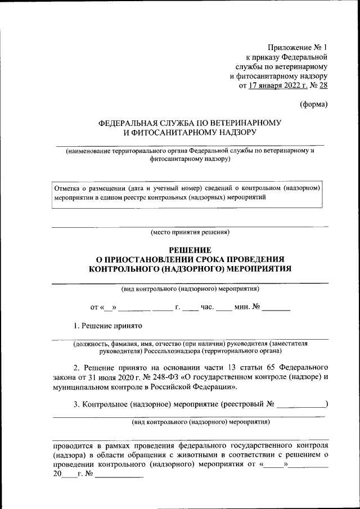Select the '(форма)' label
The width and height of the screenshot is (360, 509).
click(x=313, y=104)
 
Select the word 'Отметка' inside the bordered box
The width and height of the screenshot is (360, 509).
click(x=67, y=188)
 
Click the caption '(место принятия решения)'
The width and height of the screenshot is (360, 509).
click(x=190, y=232)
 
